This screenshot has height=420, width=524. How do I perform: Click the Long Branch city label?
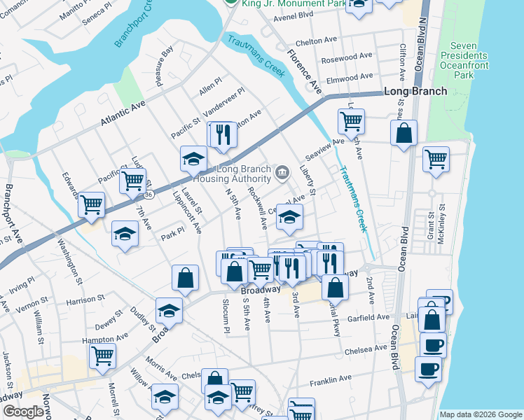click(x=415, y=92)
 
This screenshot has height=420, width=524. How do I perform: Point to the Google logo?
click(x=22, y=412)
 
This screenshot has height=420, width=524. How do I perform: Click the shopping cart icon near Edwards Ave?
click(x=90, y=204)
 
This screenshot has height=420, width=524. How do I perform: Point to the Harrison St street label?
click(x=85, y=300)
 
